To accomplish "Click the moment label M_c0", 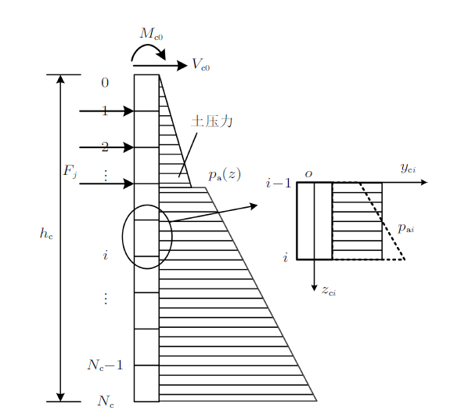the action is pyautogui.click(x=151, y=34).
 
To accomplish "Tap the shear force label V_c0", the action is pyautogui.click(x=201, y=64).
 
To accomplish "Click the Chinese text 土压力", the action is pyautogui.click(x=211, y=121).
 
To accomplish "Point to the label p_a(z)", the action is pyautogui.click(x=225, y=175).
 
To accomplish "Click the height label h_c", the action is pyautogui.click(x=46, y=233).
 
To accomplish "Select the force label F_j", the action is pyautogui.click(x=70, y=172).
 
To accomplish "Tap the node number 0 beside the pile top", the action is pyautogui.click(x=105, y=83).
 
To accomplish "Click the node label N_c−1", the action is pyautogui.click(x=105, y=365).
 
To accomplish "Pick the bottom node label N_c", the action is pyautogui.click(x=106, y=402).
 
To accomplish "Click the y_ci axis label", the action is pyautogui.click(x=408, y=168).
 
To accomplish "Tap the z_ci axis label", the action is pyautogui.click(x=329, y=290).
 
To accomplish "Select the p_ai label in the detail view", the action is pyautogui.click(x=406, y=228).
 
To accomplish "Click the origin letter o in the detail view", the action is pyautogui.click(x=308, y=174).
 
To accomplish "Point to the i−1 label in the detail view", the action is pyautogui.click(x=279, y=183).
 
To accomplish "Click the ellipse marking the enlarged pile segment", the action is pyautogui.click(x=122, y=237).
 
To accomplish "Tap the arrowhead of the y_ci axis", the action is pyautogui.click(x=424, y=182).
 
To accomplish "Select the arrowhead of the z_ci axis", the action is pyautogui.click(x=315, y=287).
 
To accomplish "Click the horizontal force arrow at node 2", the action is pyautogui.click(x=106, y=147).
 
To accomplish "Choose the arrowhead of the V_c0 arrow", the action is pyautogui.click(x=182, y=66).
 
